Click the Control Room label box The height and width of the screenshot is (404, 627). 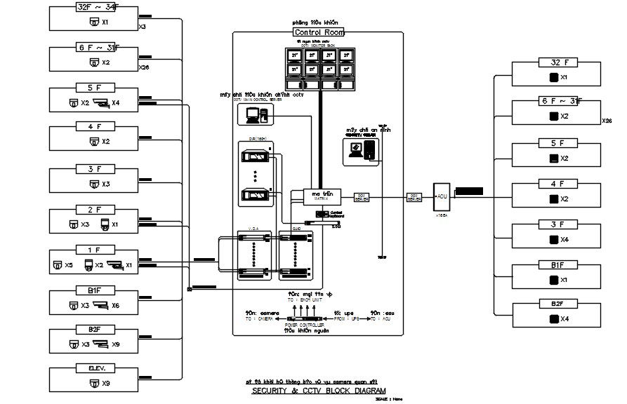pos(318,32)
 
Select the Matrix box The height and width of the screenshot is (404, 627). pos(322,197)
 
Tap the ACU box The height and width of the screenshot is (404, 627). pos(442,197)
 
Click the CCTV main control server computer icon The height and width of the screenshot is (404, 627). pos(257,116)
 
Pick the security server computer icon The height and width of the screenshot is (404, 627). pos(363,150)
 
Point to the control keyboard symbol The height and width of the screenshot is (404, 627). pos(322,213)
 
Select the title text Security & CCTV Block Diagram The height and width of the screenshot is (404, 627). pos(319,391)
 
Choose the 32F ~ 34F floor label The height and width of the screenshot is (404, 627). pos(97,8)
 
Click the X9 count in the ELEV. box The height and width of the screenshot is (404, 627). pos(106,384)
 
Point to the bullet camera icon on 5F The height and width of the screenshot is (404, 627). pos(102,103)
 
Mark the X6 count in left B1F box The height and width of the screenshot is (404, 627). pos(116,306)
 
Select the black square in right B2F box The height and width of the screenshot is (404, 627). pos(553,318)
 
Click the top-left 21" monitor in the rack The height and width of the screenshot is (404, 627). pos(295,55)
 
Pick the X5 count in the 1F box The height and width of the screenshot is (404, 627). pos(68,265)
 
